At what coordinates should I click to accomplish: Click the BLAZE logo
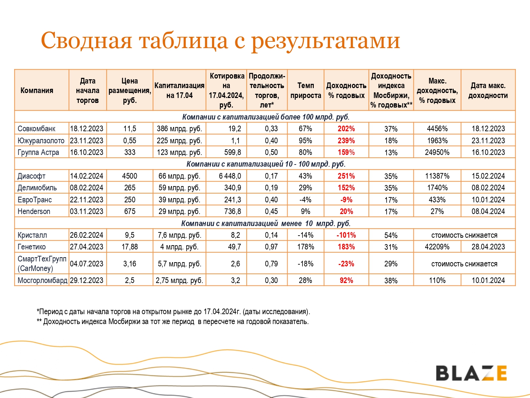[x=471, y=373]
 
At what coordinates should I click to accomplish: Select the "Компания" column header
[x=37, y=91]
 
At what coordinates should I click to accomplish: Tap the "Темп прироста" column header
[x=306, y=91]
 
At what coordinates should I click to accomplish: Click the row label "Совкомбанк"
[x=36, y=129]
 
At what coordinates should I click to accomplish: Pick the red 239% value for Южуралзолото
[x=346, y=141]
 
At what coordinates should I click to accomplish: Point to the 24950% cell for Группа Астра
[x=437, y=152]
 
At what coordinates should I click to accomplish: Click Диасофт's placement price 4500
[x=130, y=176]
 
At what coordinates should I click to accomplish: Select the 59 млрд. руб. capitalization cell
[x=179, y=188]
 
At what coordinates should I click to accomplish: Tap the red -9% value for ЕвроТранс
[x=346, y=200]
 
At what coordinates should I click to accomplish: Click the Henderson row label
[x=34, y=212]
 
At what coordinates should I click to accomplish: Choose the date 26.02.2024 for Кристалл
[x=87, y=235]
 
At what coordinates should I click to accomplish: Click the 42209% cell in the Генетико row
[x=437, y=247]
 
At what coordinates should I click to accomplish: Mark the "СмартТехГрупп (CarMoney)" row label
[x=42, y=264]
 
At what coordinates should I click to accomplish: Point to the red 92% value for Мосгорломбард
[x=346, y=281]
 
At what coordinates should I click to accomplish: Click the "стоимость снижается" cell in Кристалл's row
[x=464, y=235]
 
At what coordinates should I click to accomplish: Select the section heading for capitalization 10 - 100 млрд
[x=266, y=164]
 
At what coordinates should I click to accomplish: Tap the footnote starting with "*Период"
[x=173, y=312]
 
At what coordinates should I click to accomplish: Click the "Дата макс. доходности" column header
[x=488, y=91]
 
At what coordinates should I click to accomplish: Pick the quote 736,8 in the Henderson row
[x=232, y=212]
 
